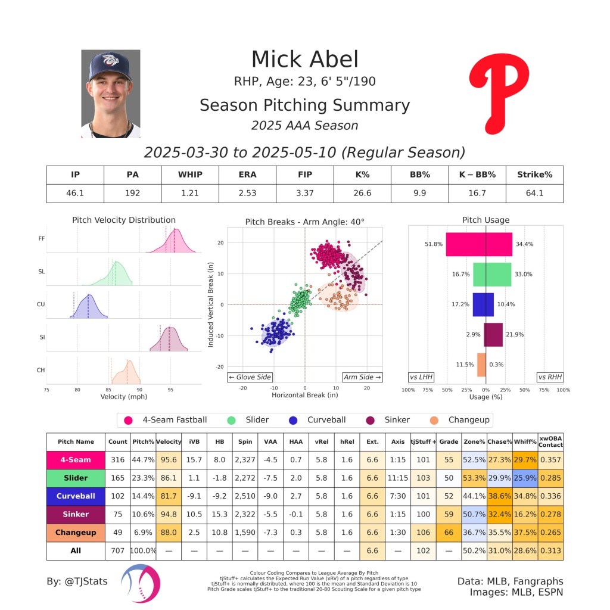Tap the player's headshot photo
coord(110,94)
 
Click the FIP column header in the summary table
coord(304,175)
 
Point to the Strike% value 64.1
coord(534,194)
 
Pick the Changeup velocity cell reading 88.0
coord(169,533)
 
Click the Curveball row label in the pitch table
coord(76,496)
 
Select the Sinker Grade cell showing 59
coord(449,514)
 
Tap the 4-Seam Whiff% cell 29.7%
coord(525,460)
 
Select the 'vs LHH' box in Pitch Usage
coord(421,377)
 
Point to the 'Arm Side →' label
coord(362,377)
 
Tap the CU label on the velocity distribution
coord(41,304)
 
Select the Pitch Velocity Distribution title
coord(124,220)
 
